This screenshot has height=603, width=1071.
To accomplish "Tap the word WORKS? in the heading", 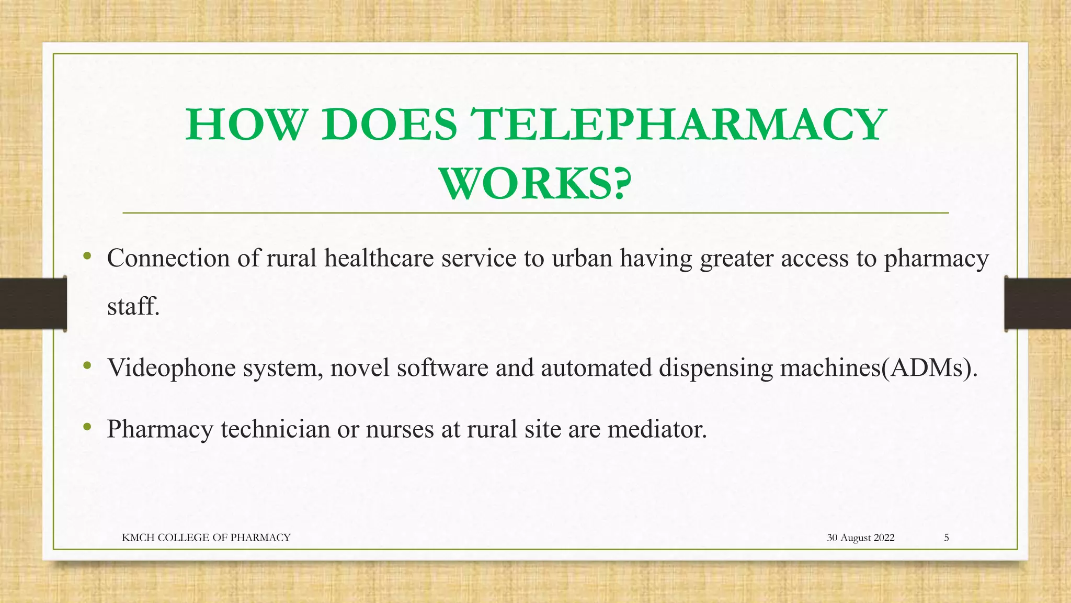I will (535, 184).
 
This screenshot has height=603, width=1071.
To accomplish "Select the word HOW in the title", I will (245, 125).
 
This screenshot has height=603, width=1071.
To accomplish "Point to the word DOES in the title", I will (389, 125).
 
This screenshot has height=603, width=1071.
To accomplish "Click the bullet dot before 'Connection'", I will (87, 256).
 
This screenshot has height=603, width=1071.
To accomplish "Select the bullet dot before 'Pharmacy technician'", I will (87, 427).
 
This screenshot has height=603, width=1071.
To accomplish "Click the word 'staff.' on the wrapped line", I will (133, 306).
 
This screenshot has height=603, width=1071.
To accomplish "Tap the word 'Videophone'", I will (172, 367).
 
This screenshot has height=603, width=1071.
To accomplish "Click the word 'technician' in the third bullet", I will (275, 429).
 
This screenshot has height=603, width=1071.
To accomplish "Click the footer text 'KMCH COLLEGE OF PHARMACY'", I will (206, 538).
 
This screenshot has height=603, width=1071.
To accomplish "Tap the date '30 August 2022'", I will (860, 538).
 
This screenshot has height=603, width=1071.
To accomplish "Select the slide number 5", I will (946, 538).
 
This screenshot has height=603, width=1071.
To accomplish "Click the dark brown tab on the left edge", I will (33, 304).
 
